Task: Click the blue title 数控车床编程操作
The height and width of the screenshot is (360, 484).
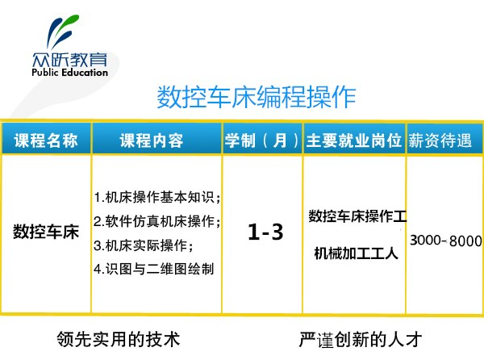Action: (x=257, y=97)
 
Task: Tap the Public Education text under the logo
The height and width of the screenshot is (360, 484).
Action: (x=69, y=73)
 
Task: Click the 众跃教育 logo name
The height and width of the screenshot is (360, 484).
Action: (x=69, y=59)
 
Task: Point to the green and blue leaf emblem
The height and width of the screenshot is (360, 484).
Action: (x=62, y=31)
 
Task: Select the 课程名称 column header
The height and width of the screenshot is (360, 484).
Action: (x=46, y=140)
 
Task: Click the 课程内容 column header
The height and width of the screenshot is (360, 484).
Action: (x=152, y=140)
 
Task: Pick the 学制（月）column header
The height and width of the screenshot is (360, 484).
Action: (x=261, y=140)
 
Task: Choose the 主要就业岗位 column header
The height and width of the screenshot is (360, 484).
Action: (x=354, y=140)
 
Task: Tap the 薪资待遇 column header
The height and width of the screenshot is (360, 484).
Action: (x=440, y=140)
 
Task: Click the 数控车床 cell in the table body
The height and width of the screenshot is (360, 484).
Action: (x=46, y=232)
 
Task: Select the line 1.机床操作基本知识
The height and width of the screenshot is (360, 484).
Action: (x=157, y=197)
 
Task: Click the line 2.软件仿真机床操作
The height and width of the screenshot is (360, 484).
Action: (x=157, y=221)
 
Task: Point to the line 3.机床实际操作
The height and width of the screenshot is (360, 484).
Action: (x=144, y=245)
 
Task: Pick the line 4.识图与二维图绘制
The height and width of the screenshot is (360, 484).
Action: (x=154, y=269)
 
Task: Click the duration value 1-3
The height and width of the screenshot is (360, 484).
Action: (x=265, y=232)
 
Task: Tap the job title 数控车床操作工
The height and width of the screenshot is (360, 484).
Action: (x=357, y=216)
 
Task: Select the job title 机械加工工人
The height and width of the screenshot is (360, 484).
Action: (x=356, y=253)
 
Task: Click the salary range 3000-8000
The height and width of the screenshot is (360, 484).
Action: (x=446, y=241)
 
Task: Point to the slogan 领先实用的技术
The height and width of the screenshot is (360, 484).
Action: (x=119, y=340)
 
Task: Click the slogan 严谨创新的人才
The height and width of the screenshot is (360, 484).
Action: (x=361, y=340)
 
